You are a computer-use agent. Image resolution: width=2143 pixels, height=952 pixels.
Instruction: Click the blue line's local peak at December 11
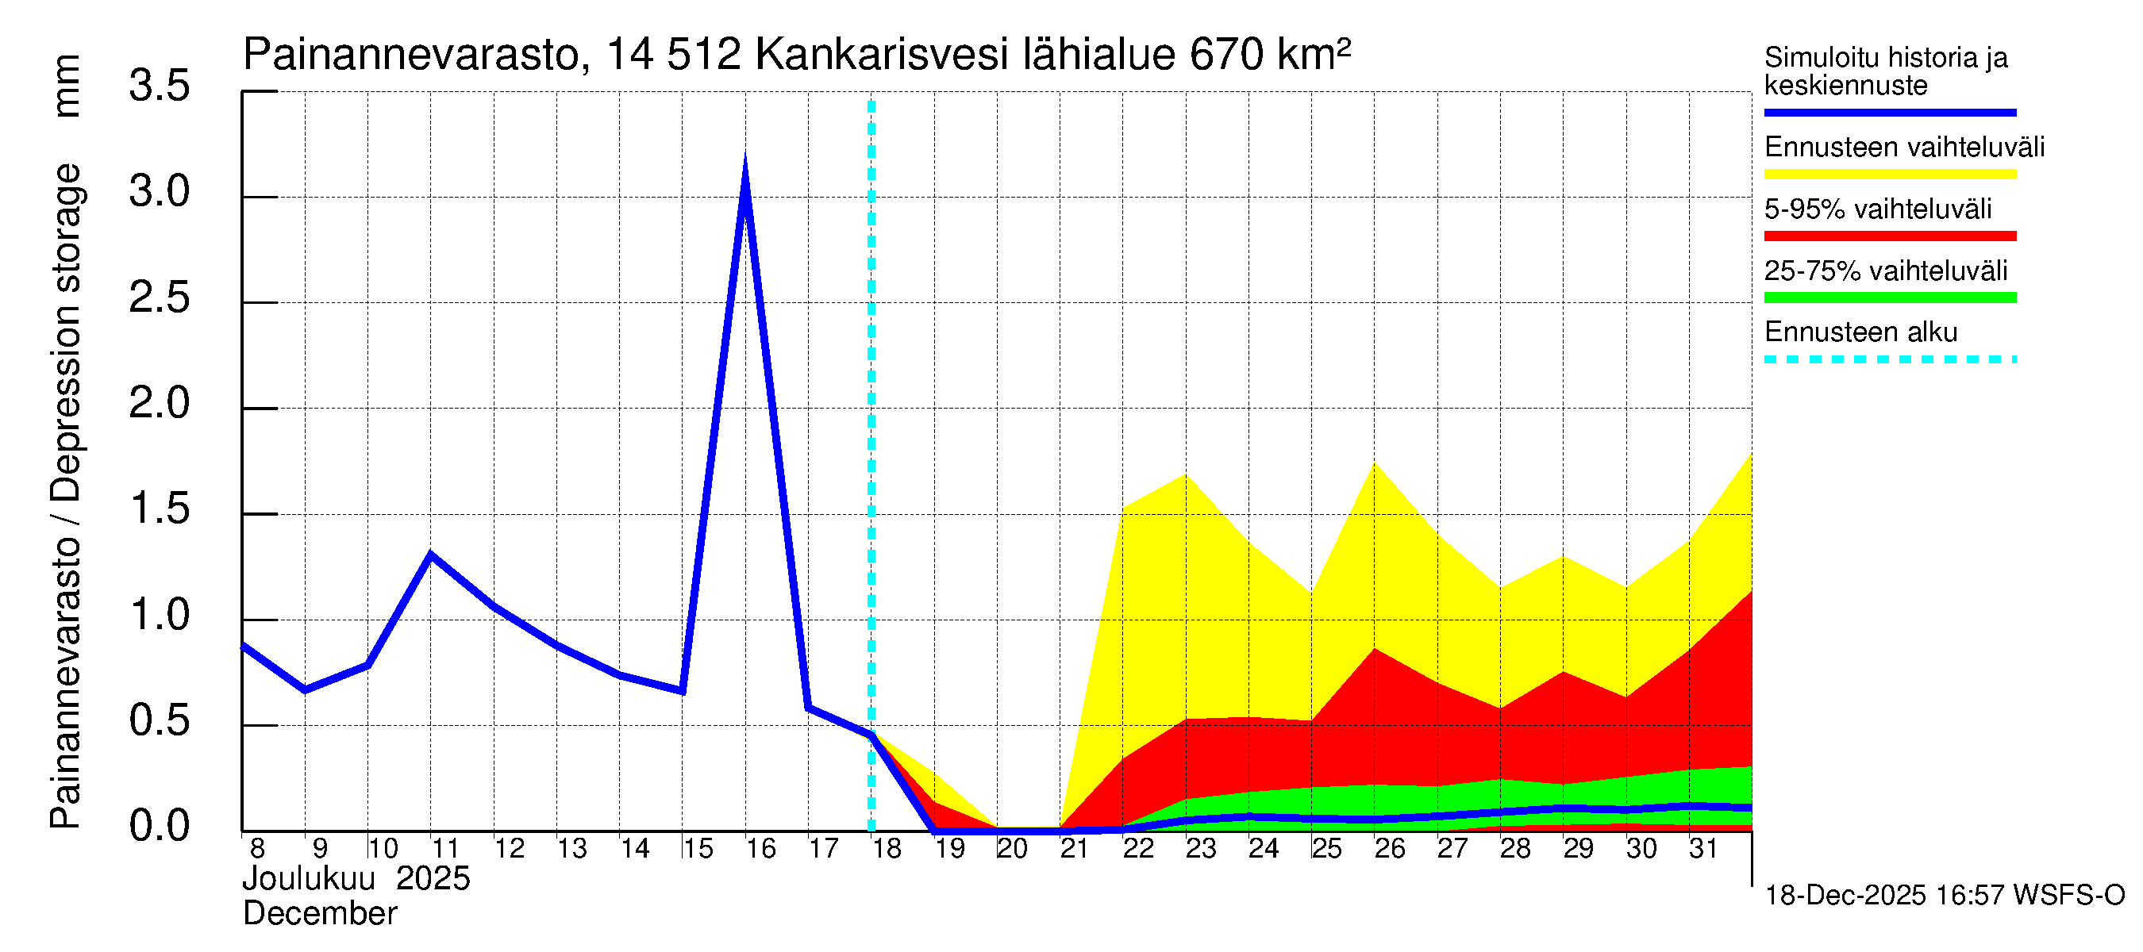point(430,554)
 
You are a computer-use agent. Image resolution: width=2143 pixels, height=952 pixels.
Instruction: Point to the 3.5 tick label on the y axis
point(159,86)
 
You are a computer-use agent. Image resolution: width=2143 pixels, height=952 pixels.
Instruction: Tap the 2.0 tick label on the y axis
point(159,403)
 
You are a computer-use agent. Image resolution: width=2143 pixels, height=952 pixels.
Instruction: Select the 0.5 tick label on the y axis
point(159,721)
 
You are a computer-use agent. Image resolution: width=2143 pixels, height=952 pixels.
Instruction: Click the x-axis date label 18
point(887,849)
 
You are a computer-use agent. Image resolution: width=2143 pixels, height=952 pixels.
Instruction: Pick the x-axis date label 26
point(1389,849)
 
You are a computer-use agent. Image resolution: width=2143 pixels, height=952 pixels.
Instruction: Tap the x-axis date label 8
point(257,849)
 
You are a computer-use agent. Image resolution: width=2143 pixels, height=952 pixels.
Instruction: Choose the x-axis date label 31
point(1703,849)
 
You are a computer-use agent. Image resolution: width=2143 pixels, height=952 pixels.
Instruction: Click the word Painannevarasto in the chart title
point(411,55)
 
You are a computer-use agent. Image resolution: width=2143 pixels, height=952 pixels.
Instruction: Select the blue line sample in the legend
point(1889,112)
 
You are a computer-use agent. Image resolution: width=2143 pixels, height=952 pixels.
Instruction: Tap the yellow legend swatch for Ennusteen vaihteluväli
point(1889,174)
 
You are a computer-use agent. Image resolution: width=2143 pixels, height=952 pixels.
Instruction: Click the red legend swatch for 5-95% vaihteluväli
point(1889,236)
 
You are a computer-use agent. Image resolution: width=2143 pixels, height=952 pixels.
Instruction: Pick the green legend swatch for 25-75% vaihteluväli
point(1889,297)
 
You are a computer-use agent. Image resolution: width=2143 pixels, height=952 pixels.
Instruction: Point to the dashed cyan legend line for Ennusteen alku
point(1889,360)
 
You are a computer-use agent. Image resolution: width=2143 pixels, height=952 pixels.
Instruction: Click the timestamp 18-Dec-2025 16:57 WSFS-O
point(1944,896)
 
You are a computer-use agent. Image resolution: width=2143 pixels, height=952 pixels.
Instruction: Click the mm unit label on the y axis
point(66,86)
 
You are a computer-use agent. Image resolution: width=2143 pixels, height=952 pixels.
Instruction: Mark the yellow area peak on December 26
point(1375,464)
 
